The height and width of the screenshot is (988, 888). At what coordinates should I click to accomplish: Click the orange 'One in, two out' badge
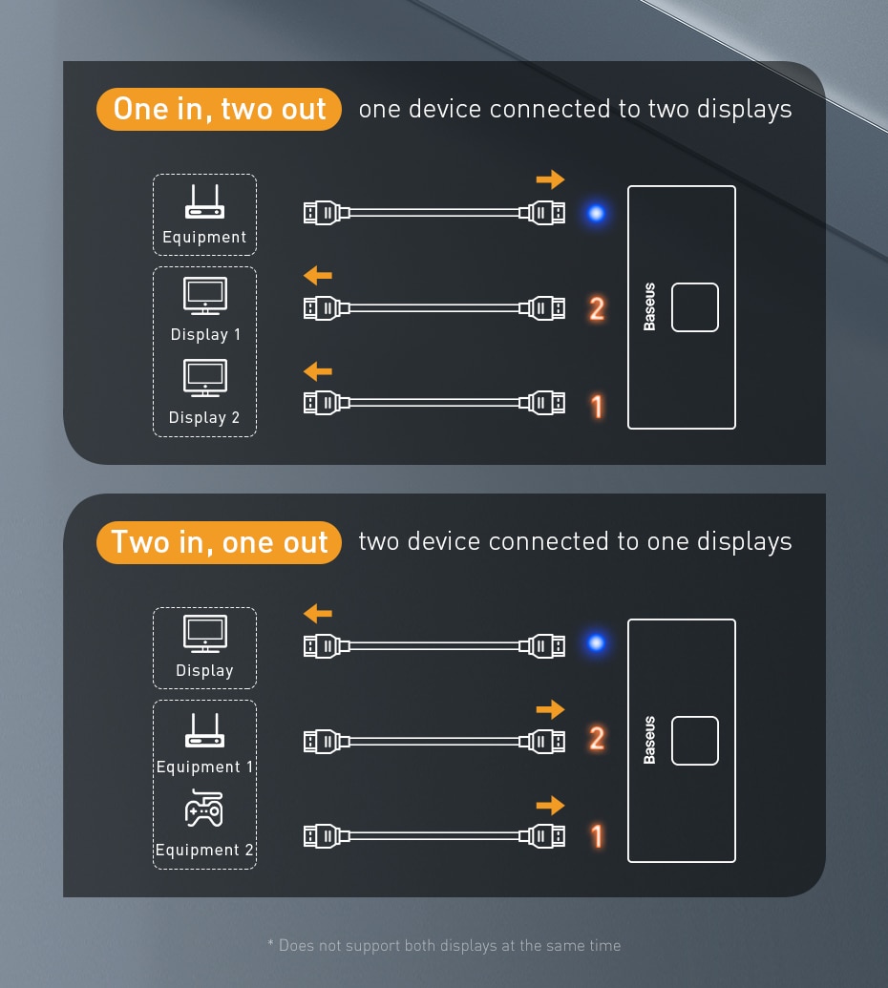point(219,110)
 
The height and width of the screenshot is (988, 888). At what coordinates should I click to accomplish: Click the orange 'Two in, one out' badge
point(219,542)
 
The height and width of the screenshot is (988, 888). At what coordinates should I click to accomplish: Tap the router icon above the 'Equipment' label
point(204,203)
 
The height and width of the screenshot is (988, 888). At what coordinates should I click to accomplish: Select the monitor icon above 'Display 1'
point(204,296)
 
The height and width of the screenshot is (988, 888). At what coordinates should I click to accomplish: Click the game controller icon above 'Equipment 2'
point(204,809)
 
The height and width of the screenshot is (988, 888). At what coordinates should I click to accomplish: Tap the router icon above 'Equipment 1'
point(204,731)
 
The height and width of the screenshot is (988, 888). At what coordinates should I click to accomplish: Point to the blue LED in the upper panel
point(596,213)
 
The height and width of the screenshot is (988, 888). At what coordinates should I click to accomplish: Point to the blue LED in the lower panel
point(596,643)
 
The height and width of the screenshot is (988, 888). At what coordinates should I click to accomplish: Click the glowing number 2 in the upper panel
point(597,308)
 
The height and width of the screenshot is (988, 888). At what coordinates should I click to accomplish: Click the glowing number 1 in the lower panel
point(597,836)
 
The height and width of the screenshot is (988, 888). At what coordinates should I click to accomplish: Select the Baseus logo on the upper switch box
point(649,307)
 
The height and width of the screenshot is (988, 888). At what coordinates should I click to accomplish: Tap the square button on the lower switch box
point(694,741)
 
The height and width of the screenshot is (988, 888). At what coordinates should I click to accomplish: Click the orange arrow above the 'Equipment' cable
point(550,179)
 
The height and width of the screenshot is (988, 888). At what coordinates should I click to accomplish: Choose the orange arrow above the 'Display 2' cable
point(317,370)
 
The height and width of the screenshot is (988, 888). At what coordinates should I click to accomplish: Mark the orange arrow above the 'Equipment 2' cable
point(550,805)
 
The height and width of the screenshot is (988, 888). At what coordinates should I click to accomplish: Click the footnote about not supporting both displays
point(444,945)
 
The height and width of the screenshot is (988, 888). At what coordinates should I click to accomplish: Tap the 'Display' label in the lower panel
point(204,670)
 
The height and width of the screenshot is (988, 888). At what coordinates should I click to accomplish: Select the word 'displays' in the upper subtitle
point(744,110)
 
